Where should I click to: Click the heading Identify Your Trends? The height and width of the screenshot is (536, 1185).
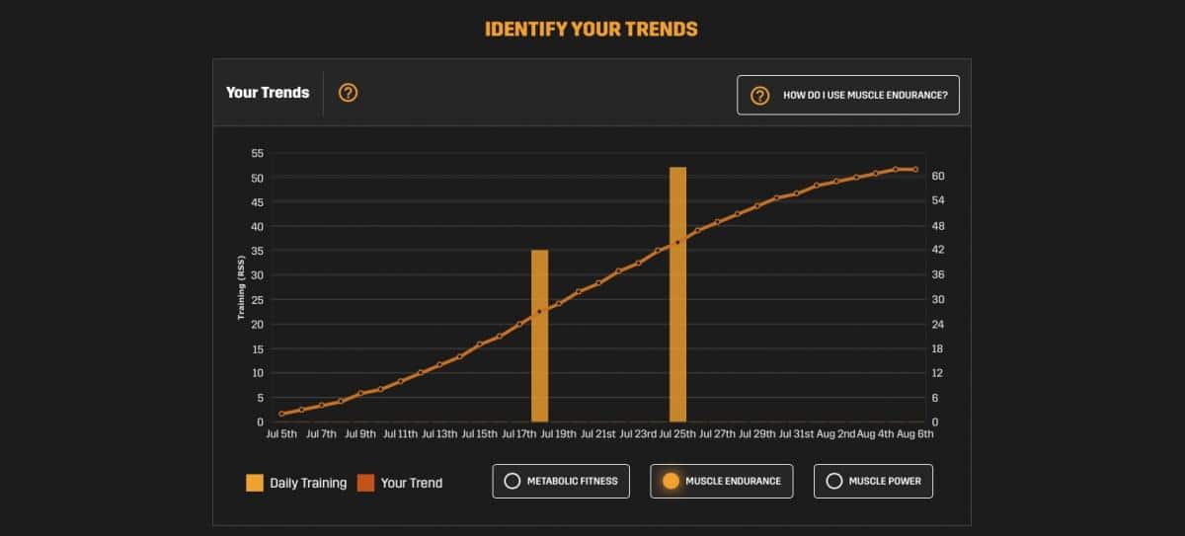[591, 29]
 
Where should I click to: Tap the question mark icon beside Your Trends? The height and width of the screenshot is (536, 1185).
[348, 93]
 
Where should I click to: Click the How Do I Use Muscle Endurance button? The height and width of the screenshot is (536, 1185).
[847, 96]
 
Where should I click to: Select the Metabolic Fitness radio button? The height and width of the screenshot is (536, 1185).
[560, 481]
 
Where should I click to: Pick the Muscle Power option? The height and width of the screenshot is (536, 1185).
[873, 481]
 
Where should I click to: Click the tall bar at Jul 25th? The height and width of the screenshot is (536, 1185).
[677, 296]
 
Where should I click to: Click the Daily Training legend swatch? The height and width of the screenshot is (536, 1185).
[255, 483]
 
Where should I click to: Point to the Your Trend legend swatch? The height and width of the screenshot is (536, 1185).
[365, 483]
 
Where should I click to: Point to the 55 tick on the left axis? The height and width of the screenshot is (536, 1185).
[258, 153]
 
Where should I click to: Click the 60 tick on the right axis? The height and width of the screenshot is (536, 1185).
[938, 176]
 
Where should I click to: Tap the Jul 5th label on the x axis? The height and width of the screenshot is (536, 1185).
[281, 433]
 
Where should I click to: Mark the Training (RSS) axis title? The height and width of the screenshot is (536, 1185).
[240, 288]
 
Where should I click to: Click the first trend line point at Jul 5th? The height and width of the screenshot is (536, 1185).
[281, 414]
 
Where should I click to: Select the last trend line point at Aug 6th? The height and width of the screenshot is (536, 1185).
[915, 170]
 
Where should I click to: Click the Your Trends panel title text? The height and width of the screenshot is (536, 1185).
[268, 93]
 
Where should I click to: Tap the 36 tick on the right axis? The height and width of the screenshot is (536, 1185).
[938, 274]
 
